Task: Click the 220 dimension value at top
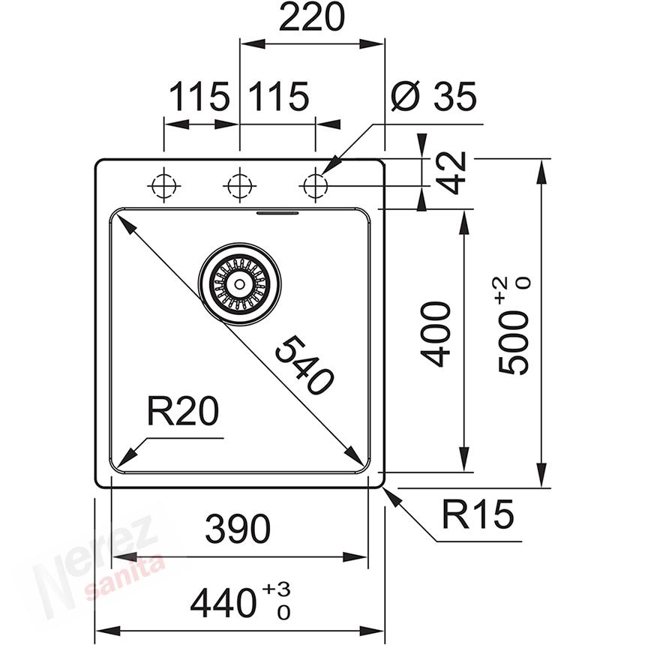click(x=311, y=18)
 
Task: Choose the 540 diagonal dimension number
click(x=304, y=365)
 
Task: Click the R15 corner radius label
click(x=477, y=515)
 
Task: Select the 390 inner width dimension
click(x=238, y=529)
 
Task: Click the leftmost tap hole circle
click(x=163, y=185)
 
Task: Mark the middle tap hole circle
click(x=238, y=185)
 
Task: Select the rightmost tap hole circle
click(x=314, y=185)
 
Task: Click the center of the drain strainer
click(x=239, y=283)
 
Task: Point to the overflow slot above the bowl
click(x=277, y=212)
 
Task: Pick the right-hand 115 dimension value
click(x=278, y=97)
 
